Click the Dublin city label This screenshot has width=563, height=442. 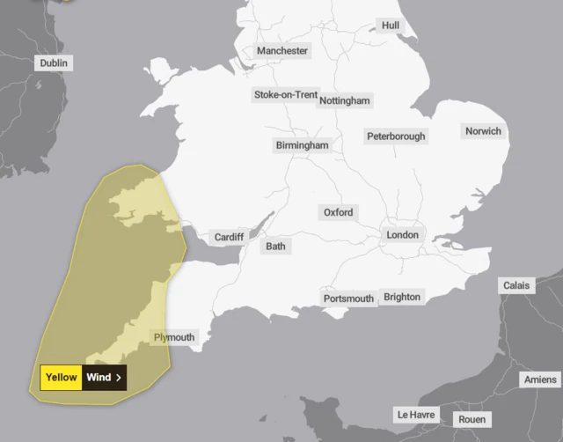click(54, 63)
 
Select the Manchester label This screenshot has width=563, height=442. click(282, 51)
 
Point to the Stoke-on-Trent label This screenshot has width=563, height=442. click(286, 94)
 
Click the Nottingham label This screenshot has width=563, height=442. click(345, 101)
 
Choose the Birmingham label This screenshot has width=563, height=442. click(302, 144)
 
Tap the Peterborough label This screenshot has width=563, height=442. click(396, 136)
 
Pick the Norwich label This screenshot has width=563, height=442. click(483, 131)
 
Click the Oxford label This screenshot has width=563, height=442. click(338, 213)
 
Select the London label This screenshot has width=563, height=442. click(403, 235)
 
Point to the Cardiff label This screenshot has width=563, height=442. click(230, 238)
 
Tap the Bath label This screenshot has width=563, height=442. click(276, 247)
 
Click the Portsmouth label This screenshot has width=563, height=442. click(349, 298)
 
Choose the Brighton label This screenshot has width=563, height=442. click(402, 297)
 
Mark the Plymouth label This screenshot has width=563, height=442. click(174, 337)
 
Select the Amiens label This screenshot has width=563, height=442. click(539, 379)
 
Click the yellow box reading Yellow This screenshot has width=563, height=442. click(62, 378)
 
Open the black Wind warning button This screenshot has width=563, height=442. click(105, 378)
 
